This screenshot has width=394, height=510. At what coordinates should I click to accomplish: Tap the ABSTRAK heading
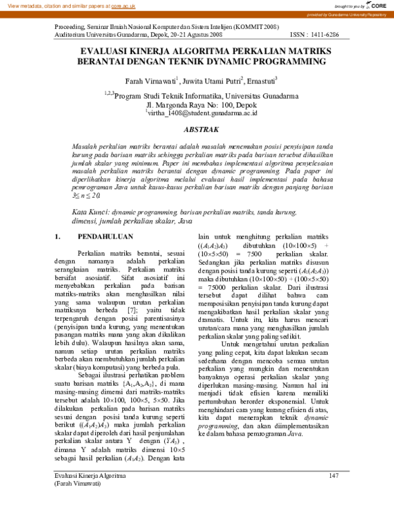[x=197, y=130]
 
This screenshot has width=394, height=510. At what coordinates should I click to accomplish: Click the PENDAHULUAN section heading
[x=105, y=236]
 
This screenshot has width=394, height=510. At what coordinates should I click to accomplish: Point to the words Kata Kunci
[x=89, y=213]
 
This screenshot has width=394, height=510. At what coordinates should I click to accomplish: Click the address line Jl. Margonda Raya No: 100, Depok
[x=198, y=104]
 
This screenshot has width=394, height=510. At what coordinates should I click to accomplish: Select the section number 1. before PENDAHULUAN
[x=58, y=236]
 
